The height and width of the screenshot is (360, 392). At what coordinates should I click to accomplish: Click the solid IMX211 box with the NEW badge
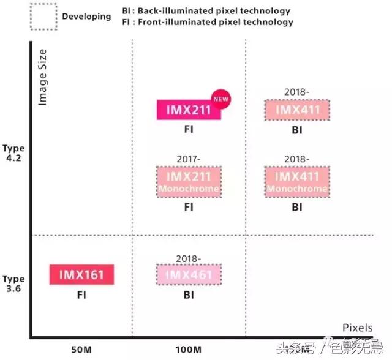187,110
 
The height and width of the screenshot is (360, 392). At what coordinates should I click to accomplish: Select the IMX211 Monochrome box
188,182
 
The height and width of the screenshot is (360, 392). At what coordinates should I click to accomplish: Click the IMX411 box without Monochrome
297,110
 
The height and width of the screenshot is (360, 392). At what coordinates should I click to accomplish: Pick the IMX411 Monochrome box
297,182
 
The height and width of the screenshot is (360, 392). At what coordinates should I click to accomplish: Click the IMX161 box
81,275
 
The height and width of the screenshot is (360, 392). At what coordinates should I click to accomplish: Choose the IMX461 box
189,274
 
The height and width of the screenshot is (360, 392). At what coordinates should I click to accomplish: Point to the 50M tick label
82,349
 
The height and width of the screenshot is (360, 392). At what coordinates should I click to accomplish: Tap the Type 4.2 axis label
13,152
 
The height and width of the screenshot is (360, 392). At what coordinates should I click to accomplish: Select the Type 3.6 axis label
13,283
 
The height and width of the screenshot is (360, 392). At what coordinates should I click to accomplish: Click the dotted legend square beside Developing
43,15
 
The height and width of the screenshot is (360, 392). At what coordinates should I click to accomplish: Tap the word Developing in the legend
86,16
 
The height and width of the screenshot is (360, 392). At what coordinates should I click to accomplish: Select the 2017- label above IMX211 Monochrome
188,159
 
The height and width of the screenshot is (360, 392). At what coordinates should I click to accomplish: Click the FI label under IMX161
81,294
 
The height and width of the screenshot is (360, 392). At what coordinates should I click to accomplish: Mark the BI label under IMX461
189,294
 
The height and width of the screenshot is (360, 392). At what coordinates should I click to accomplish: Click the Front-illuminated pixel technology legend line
208,22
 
